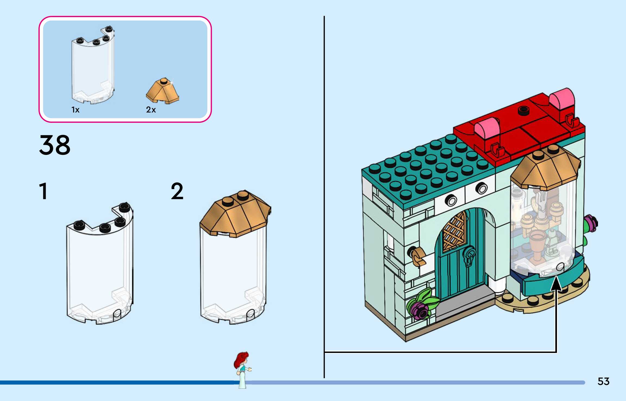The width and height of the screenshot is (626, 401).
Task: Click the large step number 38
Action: pos(55,145)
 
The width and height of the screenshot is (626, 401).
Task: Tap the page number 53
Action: pos(603,381)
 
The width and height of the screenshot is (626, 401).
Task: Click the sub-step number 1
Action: pos(43,191)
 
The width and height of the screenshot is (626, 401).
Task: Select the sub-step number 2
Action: pos(177,191)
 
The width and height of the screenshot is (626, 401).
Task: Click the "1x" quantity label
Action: pos(75,110)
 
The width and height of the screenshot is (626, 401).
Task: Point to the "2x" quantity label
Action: pos(151,110)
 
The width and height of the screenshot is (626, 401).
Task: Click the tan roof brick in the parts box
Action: pos(163,91)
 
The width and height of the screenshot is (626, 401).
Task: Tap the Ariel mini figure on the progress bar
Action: pos(242,370)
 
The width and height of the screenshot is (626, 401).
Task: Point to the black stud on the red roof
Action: pos(524,110)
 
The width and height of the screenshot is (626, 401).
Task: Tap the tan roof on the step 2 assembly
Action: pos(235,214)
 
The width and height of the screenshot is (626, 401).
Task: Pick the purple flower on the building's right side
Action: pos(591,223)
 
